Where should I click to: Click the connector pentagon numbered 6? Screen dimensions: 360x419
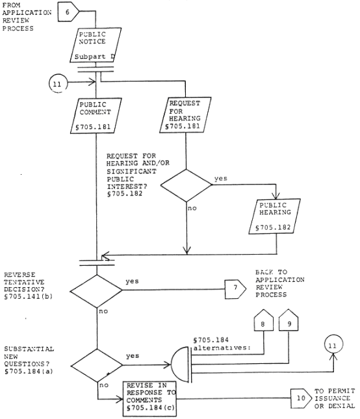point(68,12)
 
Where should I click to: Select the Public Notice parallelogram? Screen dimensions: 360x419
point(96,45)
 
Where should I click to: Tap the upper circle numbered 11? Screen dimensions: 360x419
point(58,84)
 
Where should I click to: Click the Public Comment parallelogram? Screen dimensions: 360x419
point(96,116)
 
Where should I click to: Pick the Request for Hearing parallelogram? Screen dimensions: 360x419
point(185,115)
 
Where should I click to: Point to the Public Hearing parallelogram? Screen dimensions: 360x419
point(274,216)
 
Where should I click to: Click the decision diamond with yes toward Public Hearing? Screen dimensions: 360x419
point(186,185)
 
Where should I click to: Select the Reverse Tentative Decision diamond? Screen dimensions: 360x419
point(96,291)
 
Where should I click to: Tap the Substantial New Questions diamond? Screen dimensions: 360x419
point(97,365)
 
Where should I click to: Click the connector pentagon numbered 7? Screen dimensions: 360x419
point(235,289)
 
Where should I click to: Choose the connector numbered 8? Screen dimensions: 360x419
point(264,320)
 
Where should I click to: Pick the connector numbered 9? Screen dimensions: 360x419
point(289,320)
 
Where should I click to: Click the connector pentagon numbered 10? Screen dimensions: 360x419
point(301,398)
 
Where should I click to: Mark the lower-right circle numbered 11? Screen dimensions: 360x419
point(333,344)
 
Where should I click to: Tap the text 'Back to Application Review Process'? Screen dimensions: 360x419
point(280,283)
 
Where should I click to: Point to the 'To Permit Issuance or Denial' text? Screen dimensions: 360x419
point(335,398)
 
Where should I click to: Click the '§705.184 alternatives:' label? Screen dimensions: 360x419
point(222,344)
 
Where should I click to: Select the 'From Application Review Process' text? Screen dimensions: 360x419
point(27,17)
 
